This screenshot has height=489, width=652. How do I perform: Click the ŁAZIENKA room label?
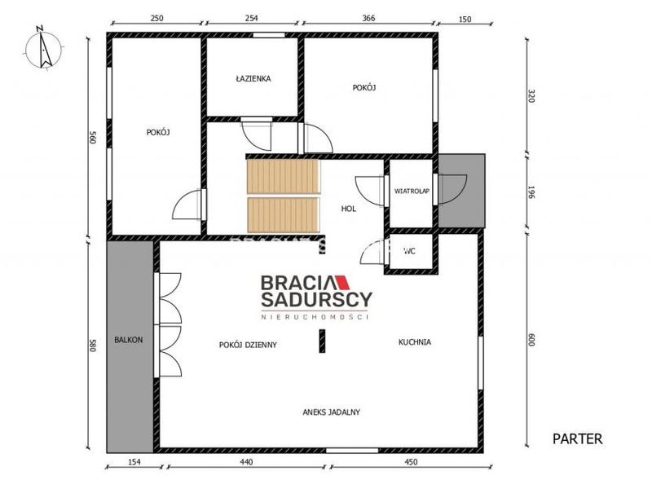[253, 78]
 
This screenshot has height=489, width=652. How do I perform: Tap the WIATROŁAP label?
[412, 192]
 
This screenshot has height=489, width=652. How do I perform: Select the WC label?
[410, 251]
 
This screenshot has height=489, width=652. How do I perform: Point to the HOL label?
[349, 209]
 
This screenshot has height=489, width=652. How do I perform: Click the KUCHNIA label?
[415, 342]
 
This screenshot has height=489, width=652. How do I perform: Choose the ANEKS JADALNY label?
[332, 412]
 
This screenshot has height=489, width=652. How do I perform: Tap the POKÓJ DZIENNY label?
[248, 345]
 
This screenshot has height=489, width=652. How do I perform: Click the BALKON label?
[129, 340]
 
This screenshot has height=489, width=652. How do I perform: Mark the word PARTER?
[577, 438]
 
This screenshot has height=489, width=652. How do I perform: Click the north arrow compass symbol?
[43, 49]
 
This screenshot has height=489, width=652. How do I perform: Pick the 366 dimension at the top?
[368, 18]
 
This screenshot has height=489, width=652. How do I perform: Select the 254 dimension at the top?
[252, 18]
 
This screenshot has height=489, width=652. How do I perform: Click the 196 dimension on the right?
[531, 192]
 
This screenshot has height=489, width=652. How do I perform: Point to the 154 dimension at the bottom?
[134, 461]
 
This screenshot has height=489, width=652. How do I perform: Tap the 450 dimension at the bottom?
[411, 461]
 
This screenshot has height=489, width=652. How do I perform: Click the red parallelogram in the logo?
[342, 282]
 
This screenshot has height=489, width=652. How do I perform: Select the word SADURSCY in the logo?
[316, 299]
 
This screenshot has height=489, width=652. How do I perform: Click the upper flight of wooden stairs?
[283, 176]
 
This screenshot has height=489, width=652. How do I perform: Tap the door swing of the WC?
[372, 252]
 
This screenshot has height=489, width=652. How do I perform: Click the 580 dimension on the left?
[92, 346]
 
